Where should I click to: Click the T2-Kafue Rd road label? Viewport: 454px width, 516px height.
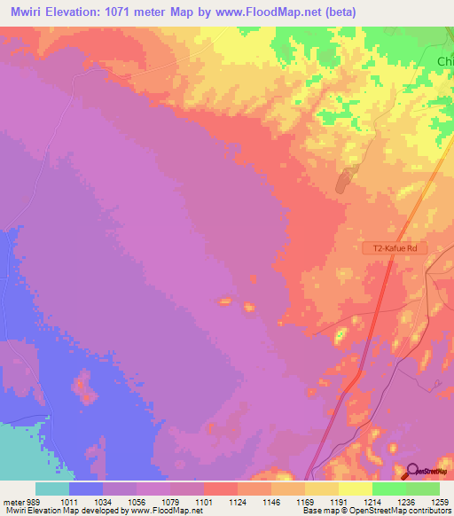(395, 249)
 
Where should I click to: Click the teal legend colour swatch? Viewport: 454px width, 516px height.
(52, 489)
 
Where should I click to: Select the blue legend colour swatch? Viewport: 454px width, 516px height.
(86, 489)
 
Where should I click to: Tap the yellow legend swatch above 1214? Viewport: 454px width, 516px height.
(355, 489)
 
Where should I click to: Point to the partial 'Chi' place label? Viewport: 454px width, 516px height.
(445, 61)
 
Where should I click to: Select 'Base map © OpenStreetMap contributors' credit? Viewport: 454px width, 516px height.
(376, 511)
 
